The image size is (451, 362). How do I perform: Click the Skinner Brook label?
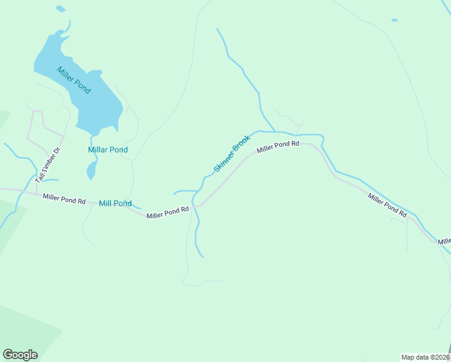[x=232, y=153]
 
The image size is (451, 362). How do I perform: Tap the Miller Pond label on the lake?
[x=74, y=80]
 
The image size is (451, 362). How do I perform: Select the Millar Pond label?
[x=108, y=150]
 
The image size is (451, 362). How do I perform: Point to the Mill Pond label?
[x=115, y=203]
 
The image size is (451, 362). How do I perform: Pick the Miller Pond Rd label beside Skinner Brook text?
[x=278, y=146]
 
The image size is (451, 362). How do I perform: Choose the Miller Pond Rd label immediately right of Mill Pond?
[x=168, y=212]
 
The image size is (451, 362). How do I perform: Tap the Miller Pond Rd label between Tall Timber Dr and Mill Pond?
[x=64, y=198]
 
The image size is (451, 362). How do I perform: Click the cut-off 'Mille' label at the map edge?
[x=444, y=241]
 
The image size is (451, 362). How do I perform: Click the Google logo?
[x=20, y=355]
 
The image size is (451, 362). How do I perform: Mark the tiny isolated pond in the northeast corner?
[x=394, y=21]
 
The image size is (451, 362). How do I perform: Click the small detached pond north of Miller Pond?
[x=60, y=9]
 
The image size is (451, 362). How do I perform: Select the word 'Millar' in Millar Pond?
[x=98, y=150]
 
